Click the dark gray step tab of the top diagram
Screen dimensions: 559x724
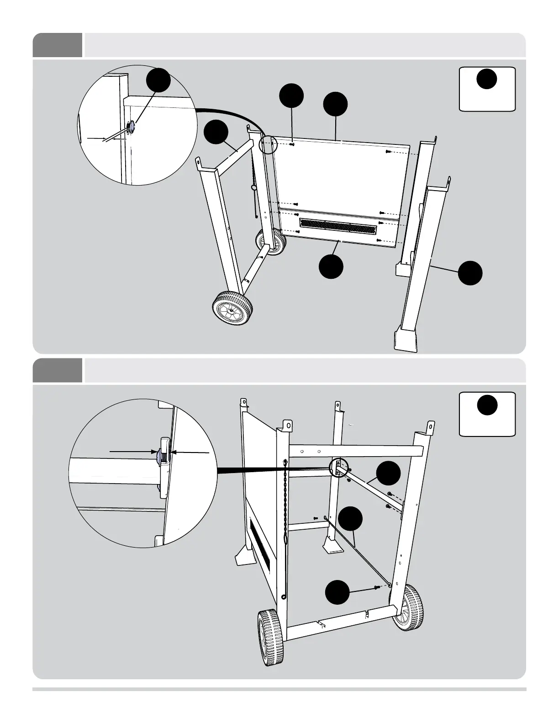click(58, 45)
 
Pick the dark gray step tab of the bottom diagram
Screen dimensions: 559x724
click(58, 370)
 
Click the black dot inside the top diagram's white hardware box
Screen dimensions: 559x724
click(487, 79)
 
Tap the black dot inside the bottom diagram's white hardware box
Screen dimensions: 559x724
click(487, 404)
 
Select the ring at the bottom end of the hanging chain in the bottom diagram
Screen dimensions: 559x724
click(284, 596)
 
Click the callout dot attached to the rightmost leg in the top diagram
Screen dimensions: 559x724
click(470, 273)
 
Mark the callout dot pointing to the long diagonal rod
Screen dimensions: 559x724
click(351, 519)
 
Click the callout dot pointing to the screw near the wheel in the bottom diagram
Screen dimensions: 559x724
click(337, 593)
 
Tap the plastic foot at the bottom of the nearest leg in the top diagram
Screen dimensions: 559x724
click(406, 339)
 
